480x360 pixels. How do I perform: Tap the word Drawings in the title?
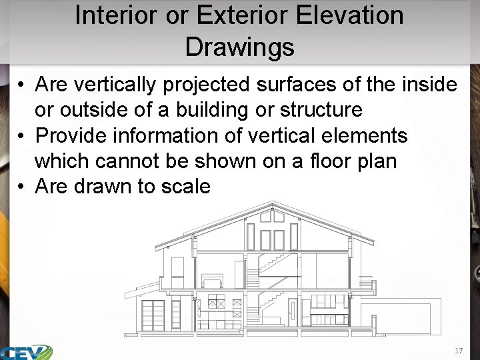(x=239, y=47)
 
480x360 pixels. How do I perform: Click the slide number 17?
(x=458, y=351)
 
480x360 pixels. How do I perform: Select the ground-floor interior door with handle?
(x=292, y=311)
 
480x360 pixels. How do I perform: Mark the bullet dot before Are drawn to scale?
(x=22, y=187)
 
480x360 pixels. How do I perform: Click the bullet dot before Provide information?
(x=22, y=136)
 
